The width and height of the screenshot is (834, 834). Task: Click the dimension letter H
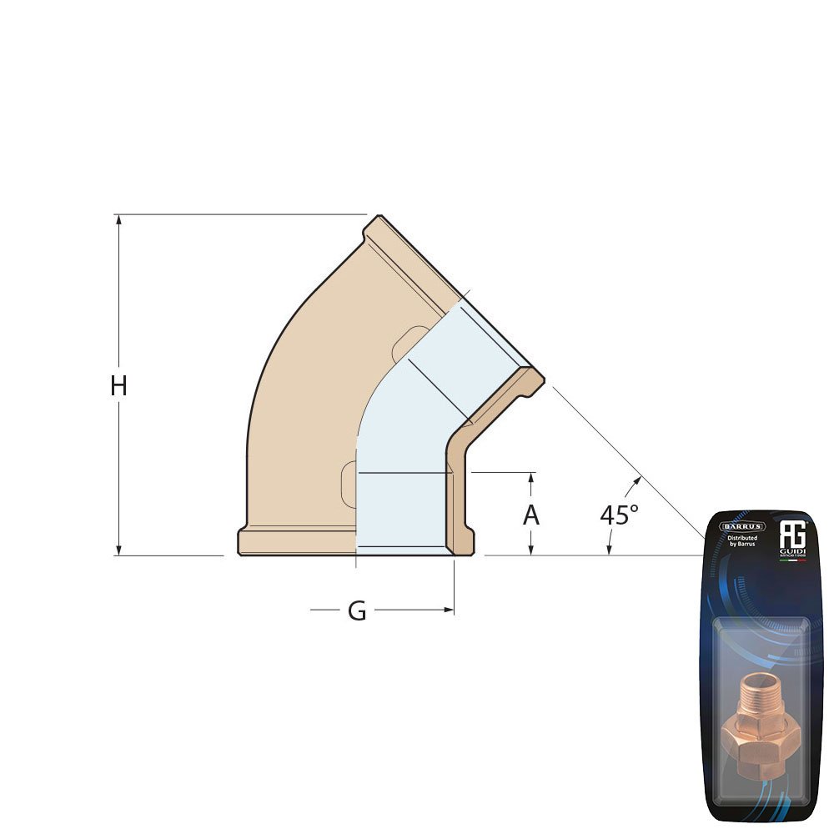pyautogui.click(x=119, y=386)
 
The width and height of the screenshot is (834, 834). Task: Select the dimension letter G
pyautogui.click(x=357, y=611)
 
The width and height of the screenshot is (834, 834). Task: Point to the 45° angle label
pyautogui.click(x=619, y=515)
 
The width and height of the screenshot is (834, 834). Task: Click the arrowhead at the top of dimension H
pyautogui.click(x=119, y=219)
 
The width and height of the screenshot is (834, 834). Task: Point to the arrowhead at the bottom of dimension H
pyautogui.click(x=119, y=550)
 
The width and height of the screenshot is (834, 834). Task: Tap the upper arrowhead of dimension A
pyautogui.click(x=531, y=477)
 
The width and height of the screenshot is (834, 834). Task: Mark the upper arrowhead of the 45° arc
pyautogui.click(x=638, y=480)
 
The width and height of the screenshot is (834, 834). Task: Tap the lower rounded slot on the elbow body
pyautogui.click(x=349, y=480)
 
